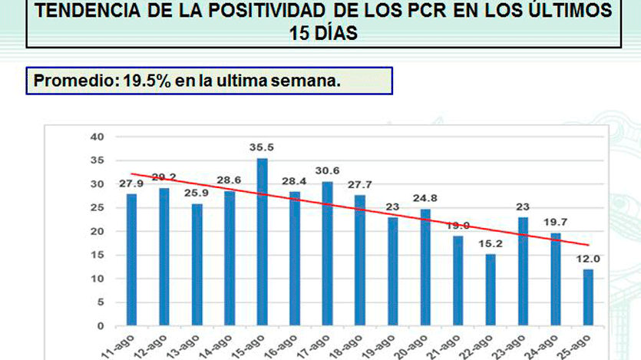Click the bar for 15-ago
[x=262, y=242]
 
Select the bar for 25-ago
[x=589, y=297]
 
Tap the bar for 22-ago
[x=491, y=289]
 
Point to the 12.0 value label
[x=589, y=259]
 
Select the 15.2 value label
[x=491, y=243]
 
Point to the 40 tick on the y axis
[x=96, y=137]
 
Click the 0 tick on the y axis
[x=100, y=325]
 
